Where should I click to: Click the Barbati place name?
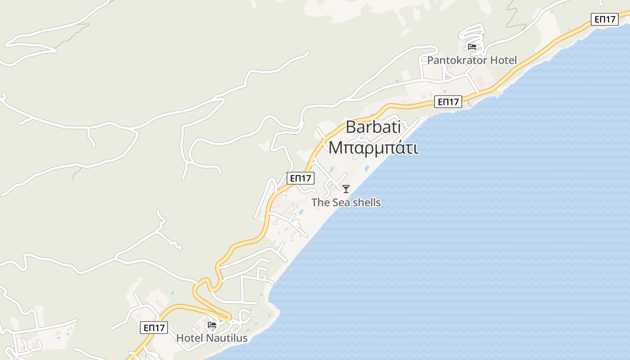[373, 127]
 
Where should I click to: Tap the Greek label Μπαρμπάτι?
[373, 147]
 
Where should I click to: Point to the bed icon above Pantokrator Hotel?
[472, 47]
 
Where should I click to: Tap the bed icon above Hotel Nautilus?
[212, 324]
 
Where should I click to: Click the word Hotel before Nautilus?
[189, 338]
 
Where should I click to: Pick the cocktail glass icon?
[346, 189]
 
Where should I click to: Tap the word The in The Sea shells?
[320, 202]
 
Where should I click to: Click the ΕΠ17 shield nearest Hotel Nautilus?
[154, 328]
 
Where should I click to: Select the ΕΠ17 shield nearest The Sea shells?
[301, 178]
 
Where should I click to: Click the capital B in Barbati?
[351, 127]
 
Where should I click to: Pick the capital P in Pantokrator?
[431, 60]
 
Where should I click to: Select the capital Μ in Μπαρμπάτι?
[334, 147]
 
